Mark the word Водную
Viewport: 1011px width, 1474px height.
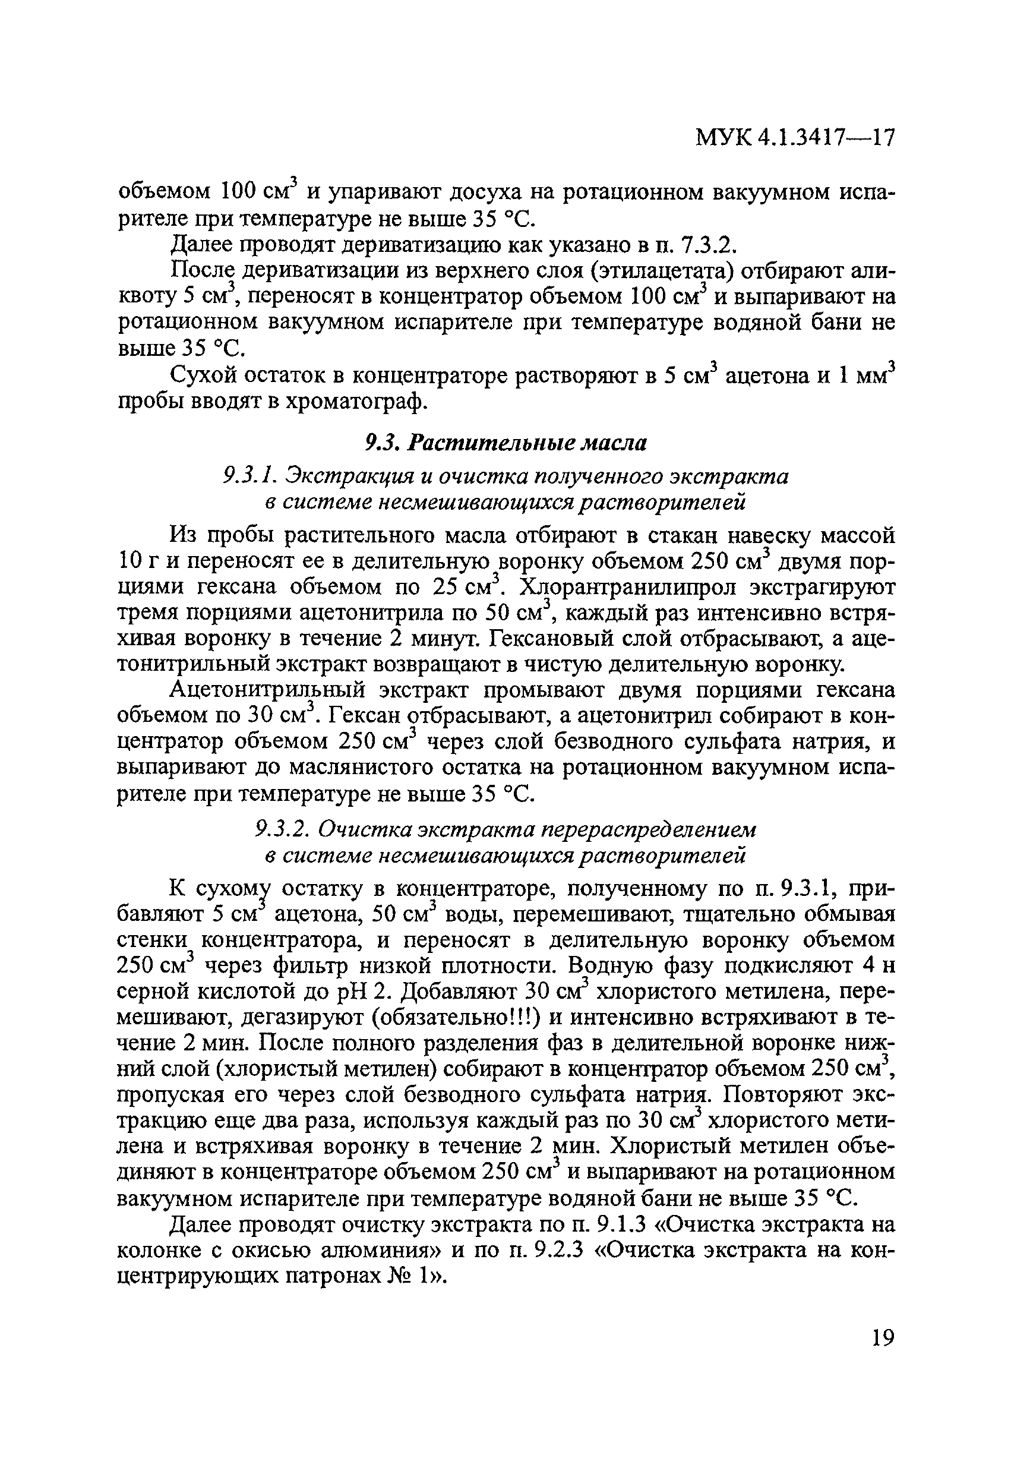(611, 965)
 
